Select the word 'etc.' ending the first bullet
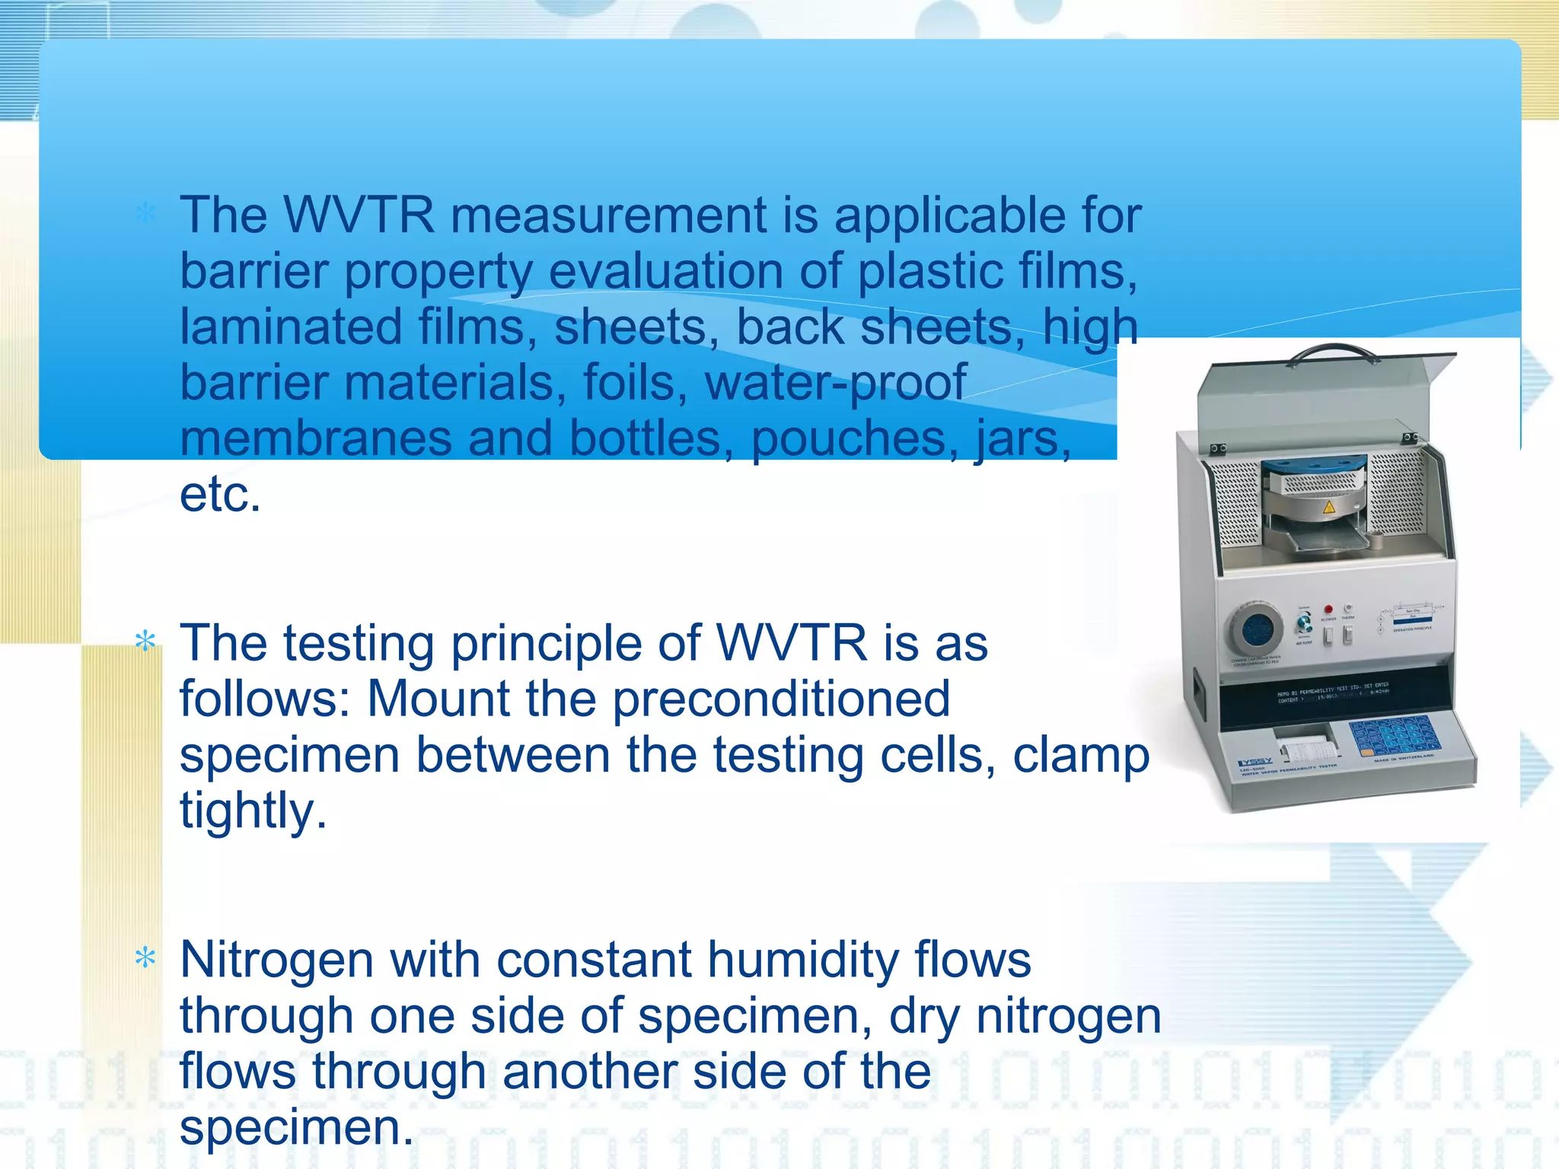(x=220, y=495)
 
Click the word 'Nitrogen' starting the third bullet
(x=276, y=960)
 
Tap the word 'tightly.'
(x=253, y=811)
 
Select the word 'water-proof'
(x=835, y=383)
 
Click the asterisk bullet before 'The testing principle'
(x=145, y=642)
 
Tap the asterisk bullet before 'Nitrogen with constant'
(x=145, y=958)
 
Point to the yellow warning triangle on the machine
(x=1329, y=507)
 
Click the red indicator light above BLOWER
(x=1328, y=610)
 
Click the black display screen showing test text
(x=1332, y=694)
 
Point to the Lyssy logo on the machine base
(x=1255, y=762)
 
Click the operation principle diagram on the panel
(x=1413, y=618)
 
